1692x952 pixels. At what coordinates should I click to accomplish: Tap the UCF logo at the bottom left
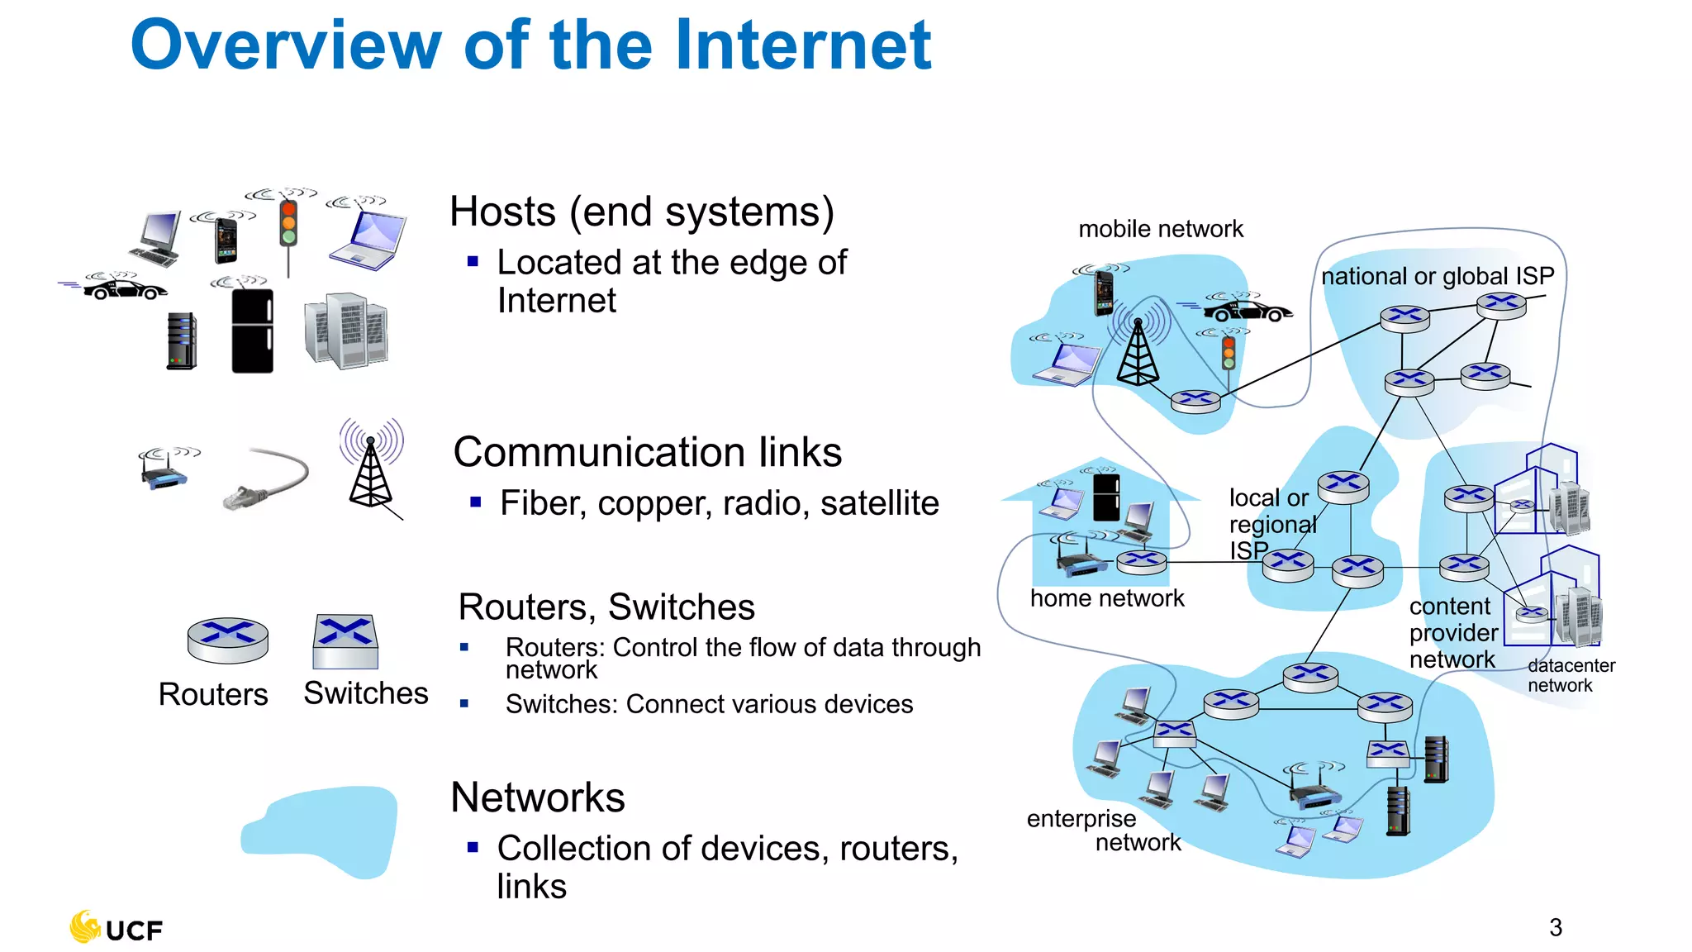116,928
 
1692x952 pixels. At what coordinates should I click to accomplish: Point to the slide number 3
1555,927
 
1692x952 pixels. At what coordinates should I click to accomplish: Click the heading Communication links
647,453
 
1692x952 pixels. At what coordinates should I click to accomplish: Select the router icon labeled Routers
227,640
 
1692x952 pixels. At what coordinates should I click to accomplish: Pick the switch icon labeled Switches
345,641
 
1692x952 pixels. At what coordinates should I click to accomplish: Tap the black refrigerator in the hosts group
252,331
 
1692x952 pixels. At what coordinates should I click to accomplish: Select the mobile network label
1160,229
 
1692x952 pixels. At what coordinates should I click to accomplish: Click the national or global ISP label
1437,276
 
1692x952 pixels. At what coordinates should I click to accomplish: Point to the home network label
1106,598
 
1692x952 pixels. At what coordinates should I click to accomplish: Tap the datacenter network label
1570,675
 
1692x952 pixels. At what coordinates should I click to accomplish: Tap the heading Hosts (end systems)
641,212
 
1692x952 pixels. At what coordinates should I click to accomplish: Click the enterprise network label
1103,830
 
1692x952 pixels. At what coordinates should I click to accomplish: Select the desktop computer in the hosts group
157,238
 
